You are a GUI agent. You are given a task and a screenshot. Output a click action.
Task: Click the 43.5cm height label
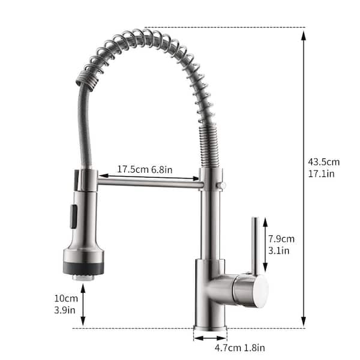pyautogui.click(x=323, y=161)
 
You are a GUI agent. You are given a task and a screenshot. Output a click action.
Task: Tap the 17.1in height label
pyautogui.click(x=322, y=173)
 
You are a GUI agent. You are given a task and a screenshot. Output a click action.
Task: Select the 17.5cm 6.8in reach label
pyautogui.click(x=145, y=170)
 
